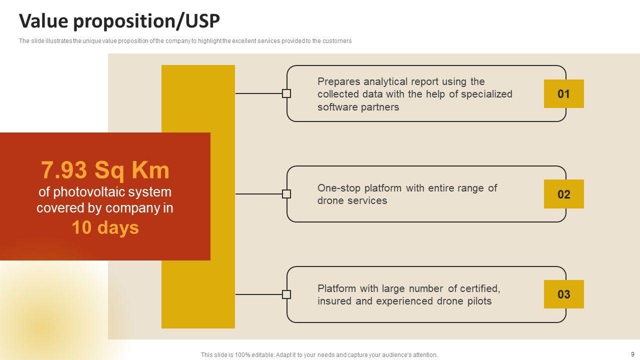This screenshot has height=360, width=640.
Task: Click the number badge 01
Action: coord(563,94)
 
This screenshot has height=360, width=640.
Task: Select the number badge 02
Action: coord(563,194)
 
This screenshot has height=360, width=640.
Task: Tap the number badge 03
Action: coord(563,294)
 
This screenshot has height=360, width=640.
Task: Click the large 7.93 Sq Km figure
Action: coord(105,170)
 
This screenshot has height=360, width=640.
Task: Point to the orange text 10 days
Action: coord(105,228)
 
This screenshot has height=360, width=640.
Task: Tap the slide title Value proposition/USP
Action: coord(119,21)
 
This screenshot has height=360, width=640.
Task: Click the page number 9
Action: coord(632,354)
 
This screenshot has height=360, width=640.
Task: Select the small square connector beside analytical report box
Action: coord(286,93)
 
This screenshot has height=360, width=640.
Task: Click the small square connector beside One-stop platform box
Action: coord(286,194)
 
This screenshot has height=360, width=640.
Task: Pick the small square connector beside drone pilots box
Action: coord(286,294)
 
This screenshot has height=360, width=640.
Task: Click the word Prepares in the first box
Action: coord(338,81)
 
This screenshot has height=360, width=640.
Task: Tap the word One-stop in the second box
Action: coord(338,188)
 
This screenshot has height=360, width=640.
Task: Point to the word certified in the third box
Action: coord(480,288)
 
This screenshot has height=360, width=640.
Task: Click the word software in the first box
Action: coord(336,107)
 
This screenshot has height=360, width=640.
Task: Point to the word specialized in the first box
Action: coord(486,94)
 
